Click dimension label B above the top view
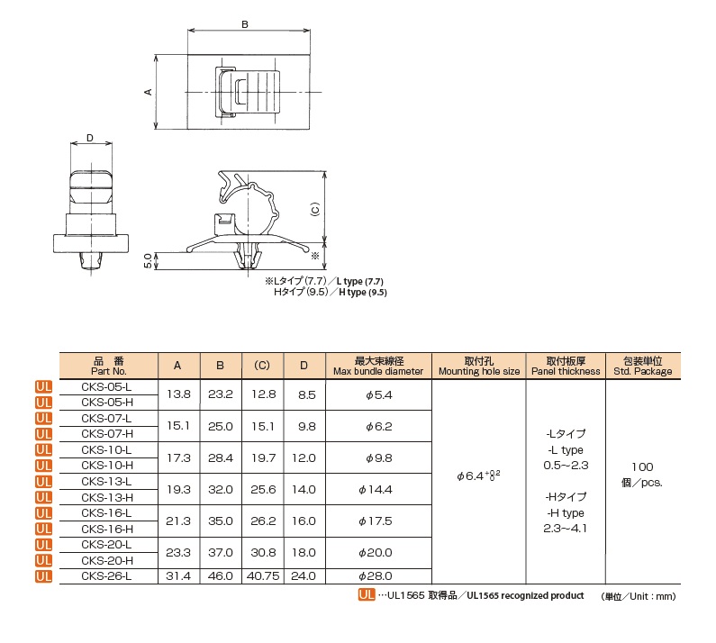tap(246, 25)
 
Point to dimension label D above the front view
tap(89, 138)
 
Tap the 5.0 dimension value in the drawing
tap(148, 260)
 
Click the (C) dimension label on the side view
tap(314, 208)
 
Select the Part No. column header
tap(108, 365)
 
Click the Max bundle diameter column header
tap(377, 365)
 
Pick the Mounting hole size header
tap(479, 365)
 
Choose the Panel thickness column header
tap(566, 365)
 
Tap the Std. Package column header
tap(642, 365)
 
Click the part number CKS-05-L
tap(107, 386)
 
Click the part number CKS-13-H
tap(107, 497)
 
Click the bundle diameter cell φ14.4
tap(378, 489)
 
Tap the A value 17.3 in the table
tap(177, 457)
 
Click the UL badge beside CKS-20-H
tap(43, 560)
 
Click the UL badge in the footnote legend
tap(366, 596)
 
